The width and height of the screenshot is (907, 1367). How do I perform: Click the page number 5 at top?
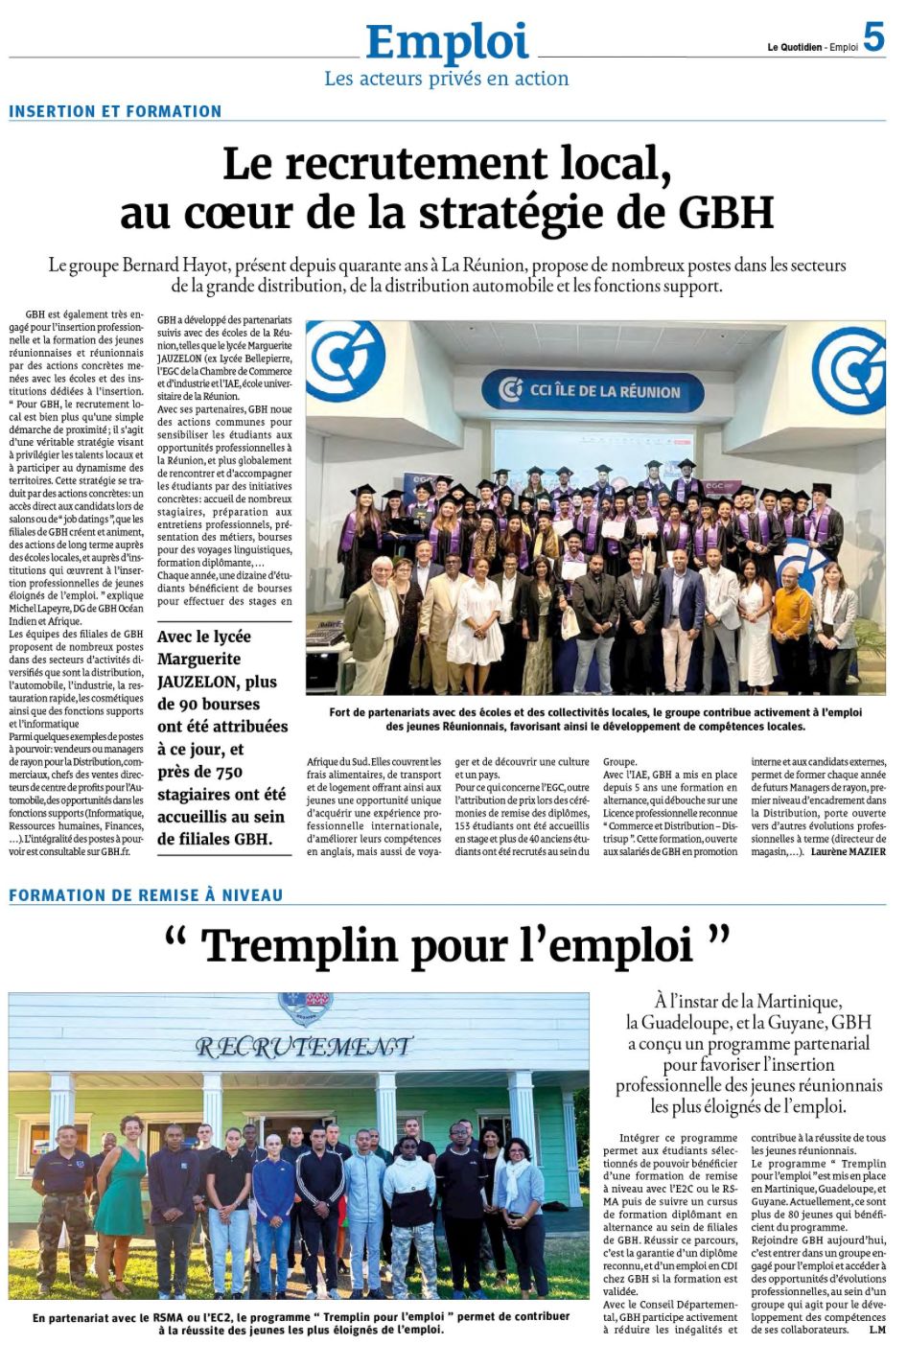(x=873, y=37)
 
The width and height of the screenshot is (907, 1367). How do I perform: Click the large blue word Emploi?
(x=447, y=43)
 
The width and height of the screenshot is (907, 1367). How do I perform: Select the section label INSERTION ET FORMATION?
(x=115, y=111)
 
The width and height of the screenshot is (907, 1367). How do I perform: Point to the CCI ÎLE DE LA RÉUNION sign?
(x=604, y=391)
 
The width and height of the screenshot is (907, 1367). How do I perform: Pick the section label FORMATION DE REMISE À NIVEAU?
(x=146, y=895)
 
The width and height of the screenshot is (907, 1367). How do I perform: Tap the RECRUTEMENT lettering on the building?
(x=304, y=1046)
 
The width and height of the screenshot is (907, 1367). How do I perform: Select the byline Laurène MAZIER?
(x=848, y=851)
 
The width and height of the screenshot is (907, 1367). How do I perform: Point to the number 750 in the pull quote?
(x=225, y=772)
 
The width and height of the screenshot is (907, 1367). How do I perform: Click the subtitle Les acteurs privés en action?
(x=446, y=79)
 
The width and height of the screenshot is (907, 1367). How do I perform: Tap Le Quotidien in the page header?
(x=795, y=47)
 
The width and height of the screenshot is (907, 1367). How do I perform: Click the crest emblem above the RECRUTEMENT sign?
(x=305, y=1007)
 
